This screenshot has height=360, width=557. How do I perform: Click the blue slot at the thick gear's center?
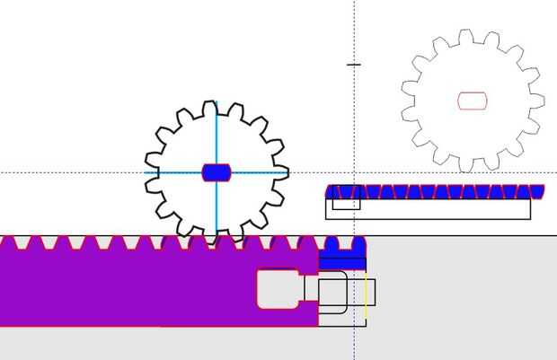point(217,172)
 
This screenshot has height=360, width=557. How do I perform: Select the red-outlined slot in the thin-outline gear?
point(473,100)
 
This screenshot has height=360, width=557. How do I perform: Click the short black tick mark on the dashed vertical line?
point(354,65)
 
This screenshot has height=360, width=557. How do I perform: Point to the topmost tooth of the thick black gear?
point(209,108)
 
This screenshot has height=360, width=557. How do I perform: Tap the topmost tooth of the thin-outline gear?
point(465,36)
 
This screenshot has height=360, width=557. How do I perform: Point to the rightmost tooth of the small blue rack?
point(537,190)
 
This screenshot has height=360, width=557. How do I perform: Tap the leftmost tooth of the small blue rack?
point(332,190)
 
